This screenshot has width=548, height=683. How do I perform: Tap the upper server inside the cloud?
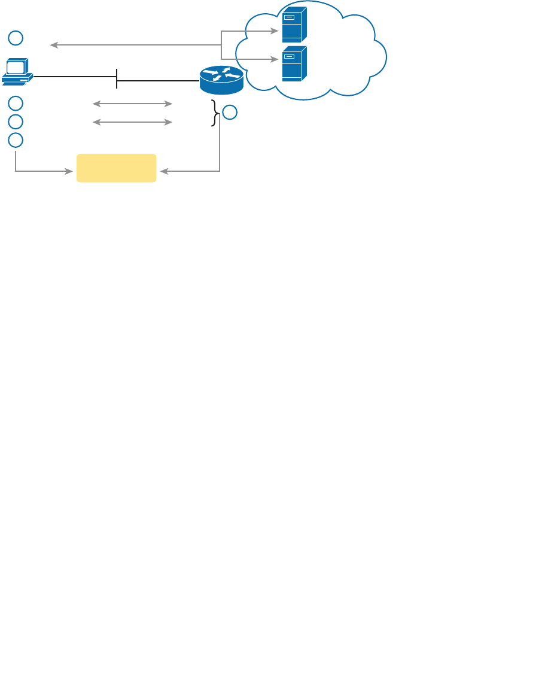(294, 25)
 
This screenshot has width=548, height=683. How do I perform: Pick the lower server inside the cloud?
(294, 63)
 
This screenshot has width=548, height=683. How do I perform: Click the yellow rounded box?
(117, 168)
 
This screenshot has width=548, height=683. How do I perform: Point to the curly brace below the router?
(215, 113)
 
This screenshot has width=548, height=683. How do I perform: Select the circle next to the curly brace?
(230, 112)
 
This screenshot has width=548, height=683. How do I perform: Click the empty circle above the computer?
(16, 38)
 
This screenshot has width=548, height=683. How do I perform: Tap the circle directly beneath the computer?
(16, 103)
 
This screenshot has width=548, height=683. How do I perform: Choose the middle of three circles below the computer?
(16, 122)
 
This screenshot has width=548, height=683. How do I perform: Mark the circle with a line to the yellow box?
(16, 140)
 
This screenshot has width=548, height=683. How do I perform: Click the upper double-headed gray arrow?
(132, 104)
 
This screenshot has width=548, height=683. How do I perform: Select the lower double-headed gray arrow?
(132, 123)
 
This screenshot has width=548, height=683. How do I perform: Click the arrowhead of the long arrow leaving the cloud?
(53, 45)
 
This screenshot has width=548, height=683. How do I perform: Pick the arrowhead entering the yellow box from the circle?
(69, 172)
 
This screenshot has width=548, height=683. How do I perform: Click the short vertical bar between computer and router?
(117, 78)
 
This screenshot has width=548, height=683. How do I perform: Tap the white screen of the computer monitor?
(16, 66)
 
